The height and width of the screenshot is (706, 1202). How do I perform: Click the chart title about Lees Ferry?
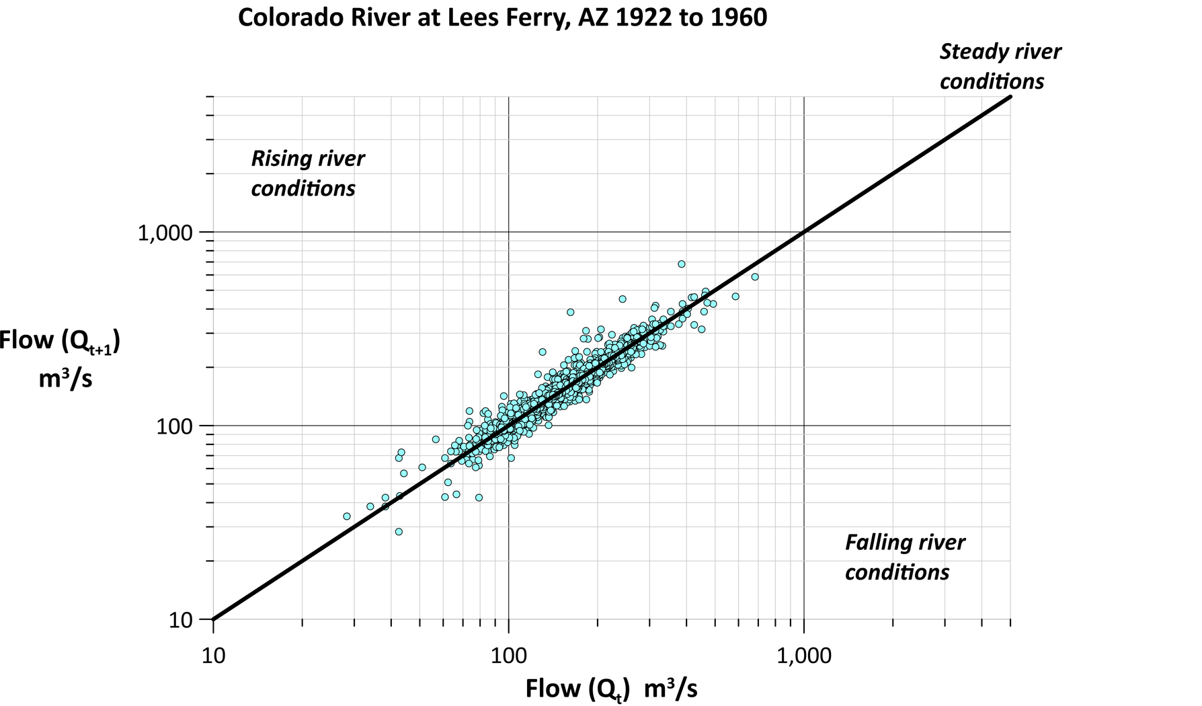(x=502, y=17)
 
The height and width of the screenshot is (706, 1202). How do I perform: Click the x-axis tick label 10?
(x=213, y=655)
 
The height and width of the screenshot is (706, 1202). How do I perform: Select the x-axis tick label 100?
(x=508, y=655)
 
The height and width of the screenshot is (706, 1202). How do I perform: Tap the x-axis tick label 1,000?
(x=804, y=655)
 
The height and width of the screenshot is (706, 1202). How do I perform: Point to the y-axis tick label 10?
(x=181, y=620)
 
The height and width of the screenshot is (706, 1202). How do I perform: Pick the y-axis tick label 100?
(x=174, y=426)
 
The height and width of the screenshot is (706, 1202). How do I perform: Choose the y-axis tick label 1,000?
(x=165, y=233)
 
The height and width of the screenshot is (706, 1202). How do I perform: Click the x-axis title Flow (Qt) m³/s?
(x=611, y=689)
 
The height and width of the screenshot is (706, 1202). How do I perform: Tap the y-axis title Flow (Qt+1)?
(x=59, y=342)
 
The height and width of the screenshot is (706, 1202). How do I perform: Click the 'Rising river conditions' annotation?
(x=307, y=173)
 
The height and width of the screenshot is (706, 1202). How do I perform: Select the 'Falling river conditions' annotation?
(x=904, y=557)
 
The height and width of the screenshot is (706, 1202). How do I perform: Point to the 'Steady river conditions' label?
(x=1000, y=66)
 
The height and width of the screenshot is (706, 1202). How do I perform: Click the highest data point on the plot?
(x=681, y=264)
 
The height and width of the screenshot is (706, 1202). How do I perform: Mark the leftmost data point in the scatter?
(x=347, y=516)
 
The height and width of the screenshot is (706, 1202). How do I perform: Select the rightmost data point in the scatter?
(x=755, y=277)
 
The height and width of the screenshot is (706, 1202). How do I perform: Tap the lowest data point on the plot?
(x=399, y=532)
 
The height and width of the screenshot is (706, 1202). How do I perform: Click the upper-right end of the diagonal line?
(x=1010, y=97)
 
